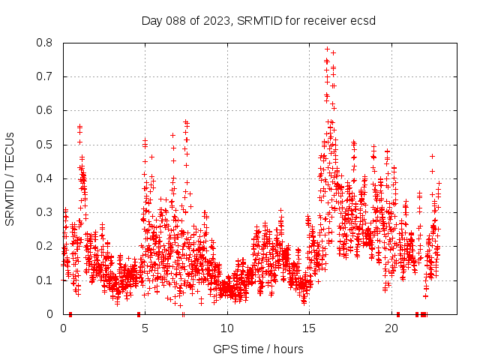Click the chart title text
258,19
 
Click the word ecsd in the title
362,19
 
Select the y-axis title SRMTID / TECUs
10,178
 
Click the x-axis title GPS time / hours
258,349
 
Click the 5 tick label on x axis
145,328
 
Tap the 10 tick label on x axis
227,328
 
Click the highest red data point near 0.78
327,49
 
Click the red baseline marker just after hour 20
398,314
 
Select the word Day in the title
152,19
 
